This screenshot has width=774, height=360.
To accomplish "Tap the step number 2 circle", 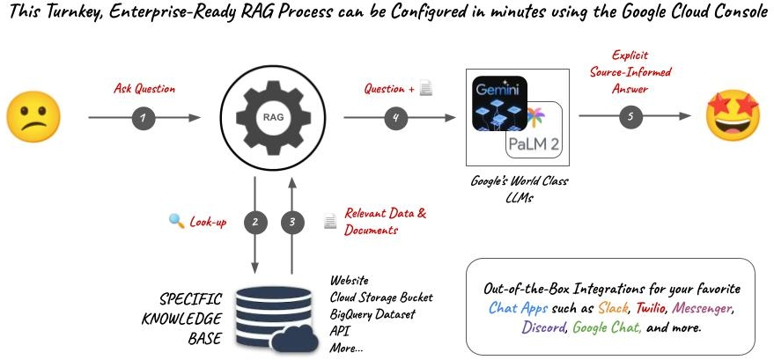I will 255,222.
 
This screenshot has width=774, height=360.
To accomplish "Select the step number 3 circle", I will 292,222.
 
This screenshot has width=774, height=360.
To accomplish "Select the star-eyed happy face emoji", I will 732,117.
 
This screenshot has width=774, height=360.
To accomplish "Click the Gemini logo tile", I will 498,104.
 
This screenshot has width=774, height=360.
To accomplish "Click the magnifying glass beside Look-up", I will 175,221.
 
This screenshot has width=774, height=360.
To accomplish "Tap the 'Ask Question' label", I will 144,89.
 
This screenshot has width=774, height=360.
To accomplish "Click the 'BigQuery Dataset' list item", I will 372,313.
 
